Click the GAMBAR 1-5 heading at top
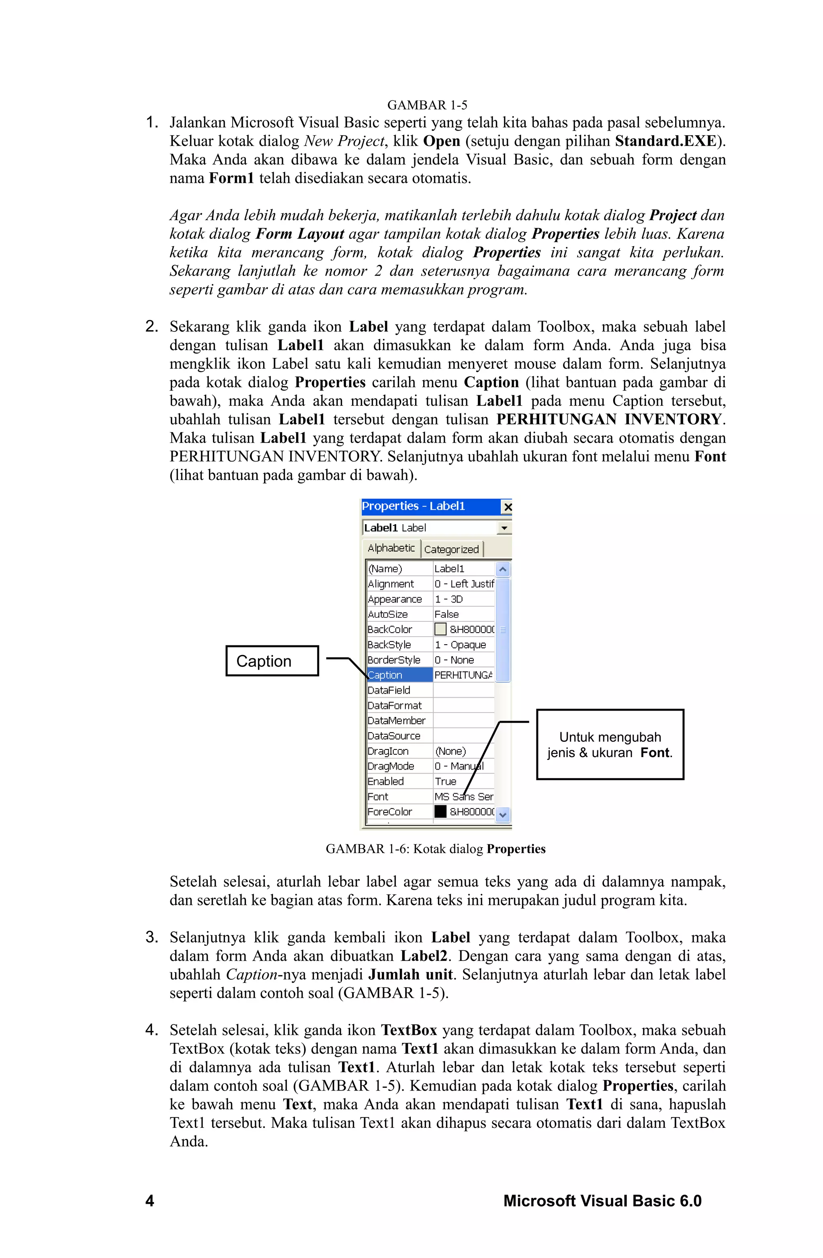(427, 105)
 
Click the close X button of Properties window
(507, 507)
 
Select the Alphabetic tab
(391, 548)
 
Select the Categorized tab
(451, 549)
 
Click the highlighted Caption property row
(399, 675)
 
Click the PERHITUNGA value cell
(463, 675)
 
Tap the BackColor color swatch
(440, 629)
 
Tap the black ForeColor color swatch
(440, 811)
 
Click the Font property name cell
(399, 796)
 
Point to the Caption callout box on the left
(272, 661)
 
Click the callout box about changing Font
(610, 744)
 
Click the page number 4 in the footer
(149, 1201)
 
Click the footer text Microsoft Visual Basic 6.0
(602, 1201)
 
